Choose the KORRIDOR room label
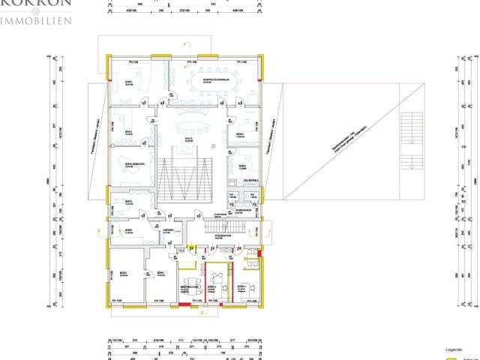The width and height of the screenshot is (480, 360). click(169, 231)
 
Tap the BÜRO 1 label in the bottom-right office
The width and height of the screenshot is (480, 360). click(241, 288)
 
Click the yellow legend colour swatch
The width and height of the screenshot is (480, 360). click(452, 358)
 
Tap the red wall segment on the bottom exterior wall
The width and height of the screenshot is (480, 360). click(184, 305)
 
